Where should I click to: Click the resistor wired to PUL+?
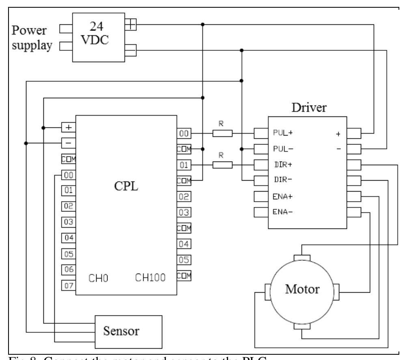tap(222, 133)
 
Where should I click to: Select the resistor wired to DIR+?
tap(222, 164)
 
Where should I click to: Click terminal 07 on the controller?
tap(68, 285)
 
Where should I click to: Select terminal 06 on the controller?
tap(68, 269)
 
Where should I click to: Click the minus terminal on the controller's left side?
tap(68, 143)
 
